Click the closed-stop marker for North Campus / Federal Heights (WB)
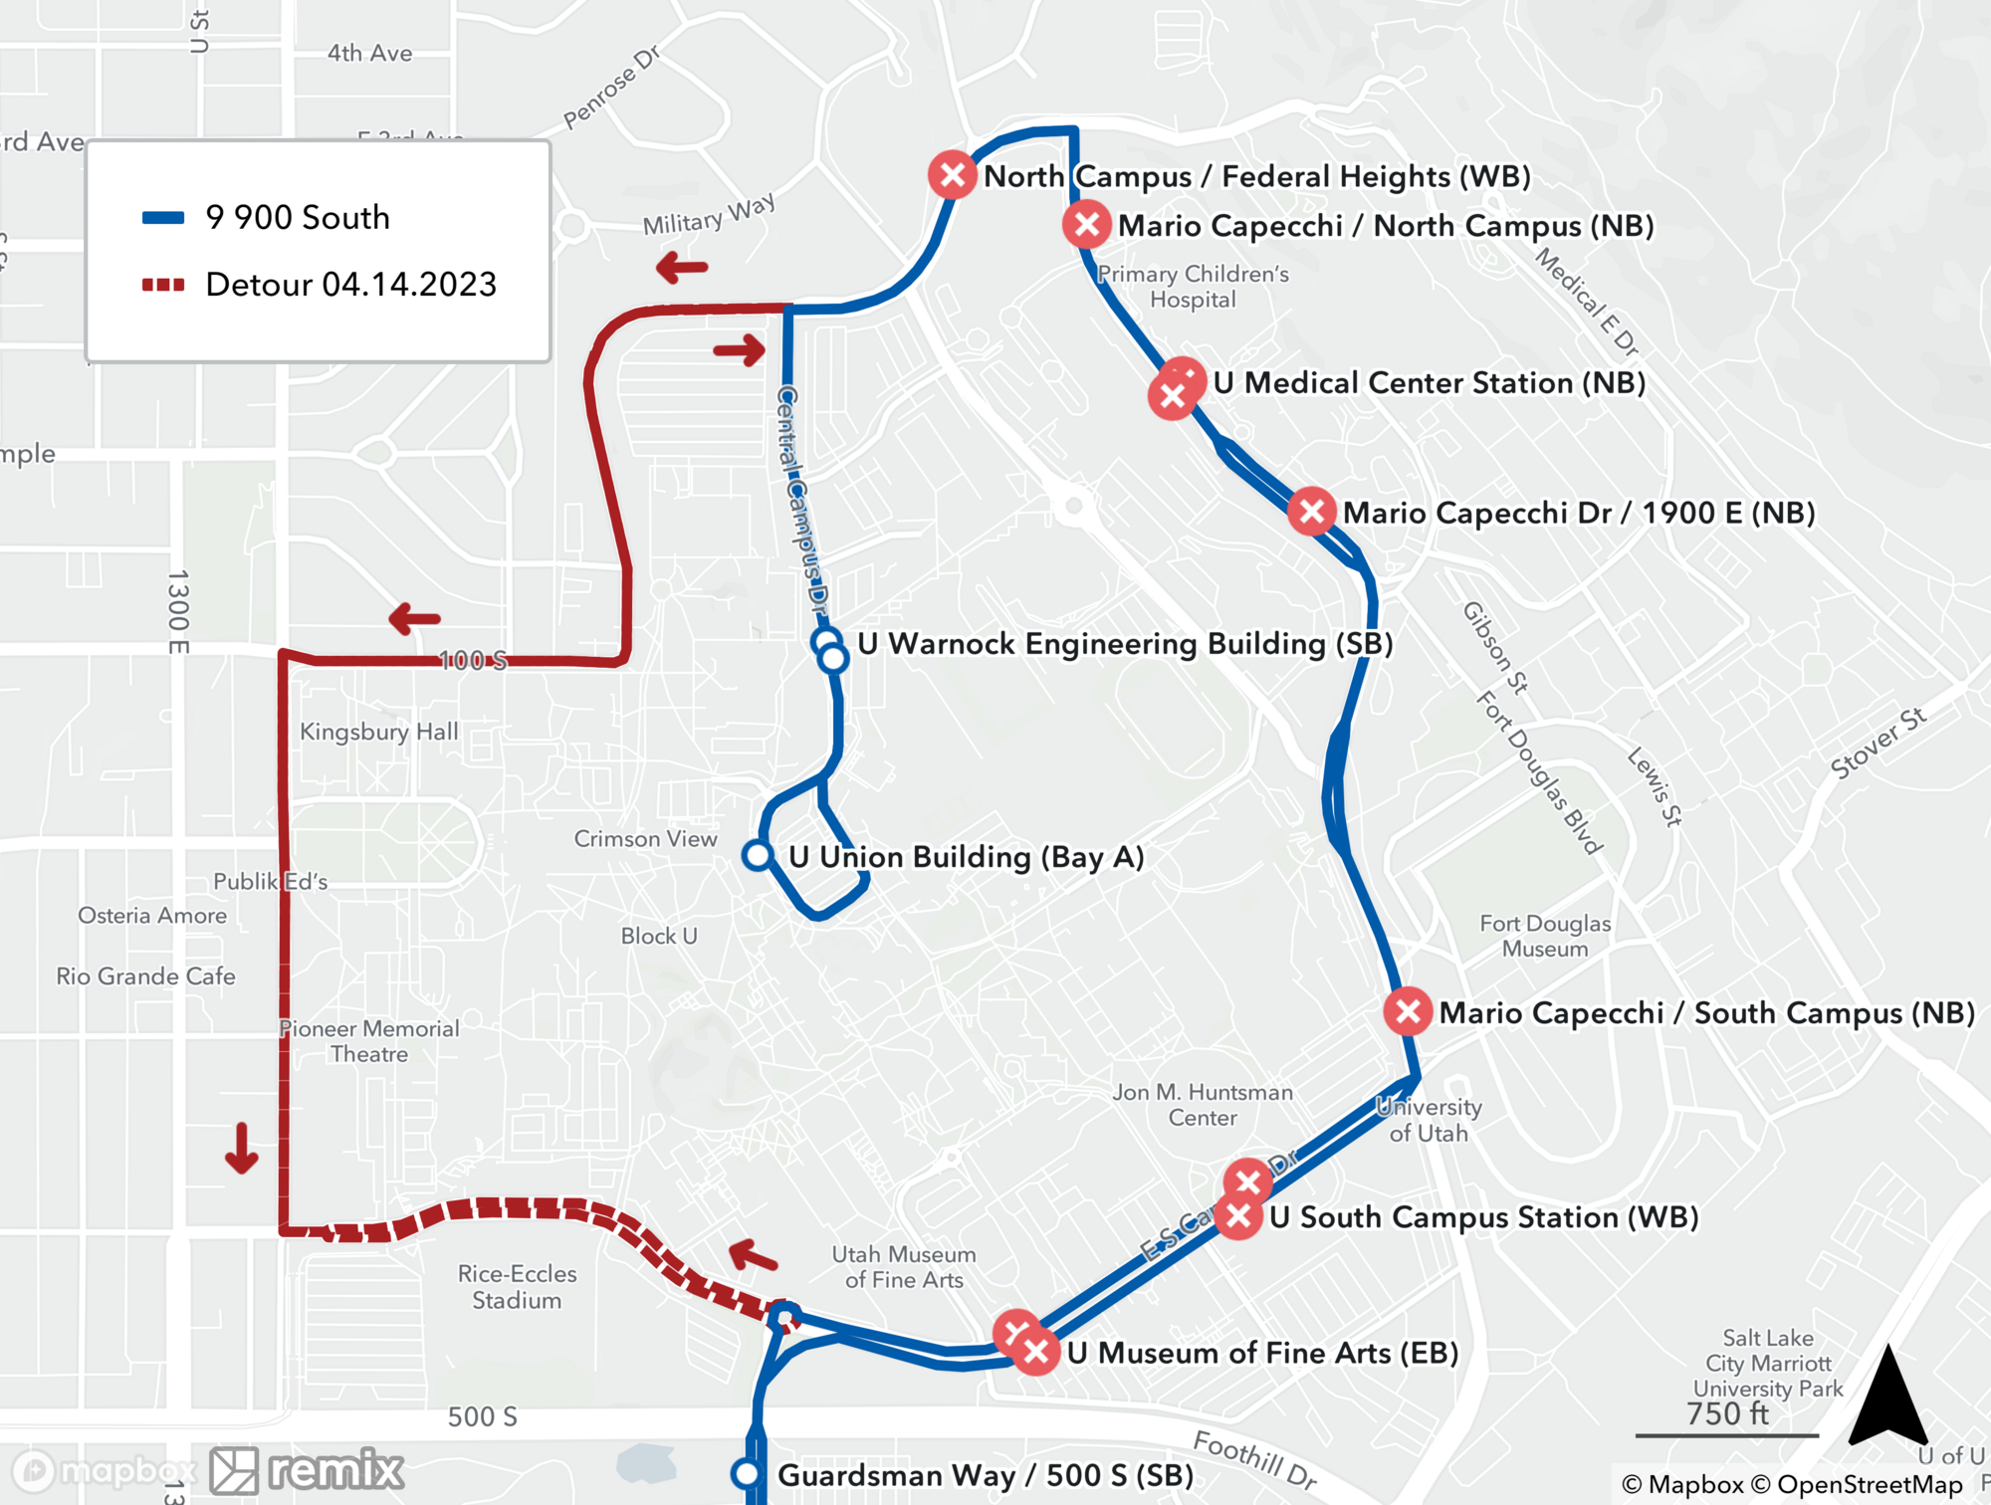pos(952,175)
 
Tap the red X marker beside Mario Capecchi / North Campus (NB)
pos(1086,225)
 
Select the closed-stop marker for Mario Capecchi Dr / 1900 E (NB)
pos(1311,512)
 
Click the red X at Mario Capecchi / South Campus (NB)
pos(1408,1012)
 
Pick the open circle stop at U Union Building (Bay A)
pos(758,855)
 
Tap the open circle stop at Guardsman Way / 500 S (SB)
pos(747,1473)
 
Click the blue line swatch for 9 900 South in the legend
pos(163,218)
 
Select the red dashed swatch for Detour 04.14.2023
pos(163,285)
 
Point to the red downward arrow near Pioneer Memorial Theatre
pos(241,1148)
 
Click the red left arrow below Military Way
pos(682,267)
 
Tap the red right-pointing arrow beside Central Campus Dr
pos(740,349)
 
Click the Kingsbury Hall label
pos(379,732)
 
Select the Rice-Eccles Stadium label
pos(517,1287)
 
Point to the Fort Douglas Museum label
pos(1545,936)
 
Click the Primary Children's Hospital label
pos(1193,287)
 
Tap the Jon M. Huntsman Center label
pos(1203,1105)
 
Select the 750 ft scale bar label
pos(1727,1413)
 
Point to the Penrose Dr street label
pos(611,88)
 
